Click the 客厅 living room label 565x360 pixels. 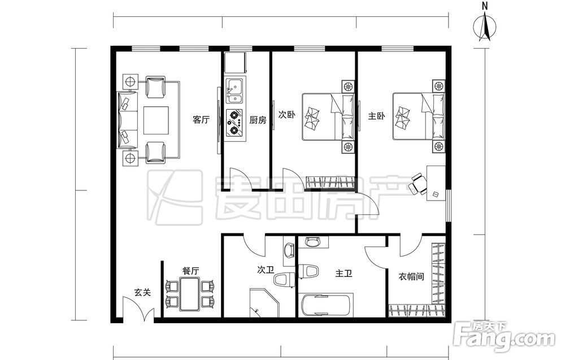(201, 120)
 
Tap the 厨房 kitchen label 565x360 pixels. (258, 120)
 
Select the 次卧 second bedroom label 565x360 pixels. (287, 115)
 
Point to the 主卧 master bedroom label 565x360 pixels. (376, 116)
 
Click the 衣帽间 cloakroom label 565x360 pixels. (411, 277)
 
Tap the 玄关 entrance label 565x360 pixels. (143, 293)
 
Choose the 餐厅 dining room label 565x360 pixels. (190, 271)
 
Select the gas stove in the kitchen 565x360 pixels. (234, 123)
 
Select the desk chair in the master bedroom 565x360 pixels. (418, 184)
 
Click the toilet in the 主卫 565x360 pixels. (308, 272)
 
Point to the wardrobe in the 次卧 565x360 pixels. (330, 182)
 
